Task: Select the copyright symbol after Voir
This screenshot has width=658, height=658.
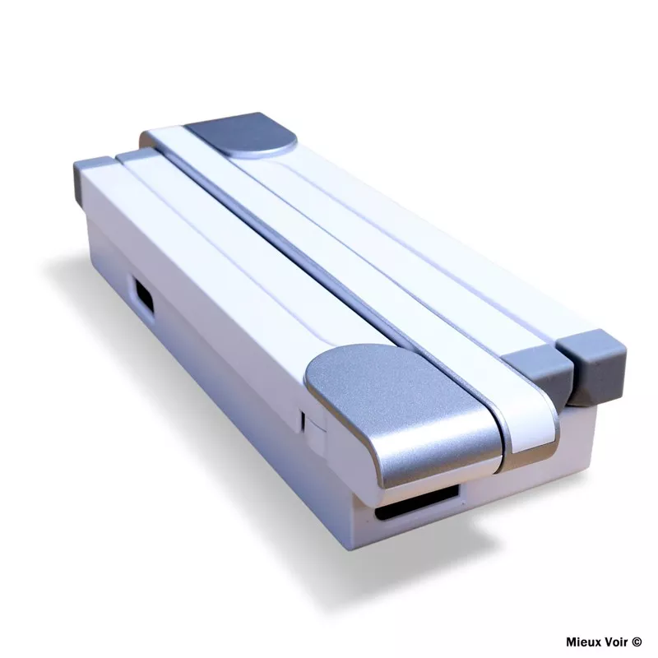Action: click(x=637, y=642)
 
